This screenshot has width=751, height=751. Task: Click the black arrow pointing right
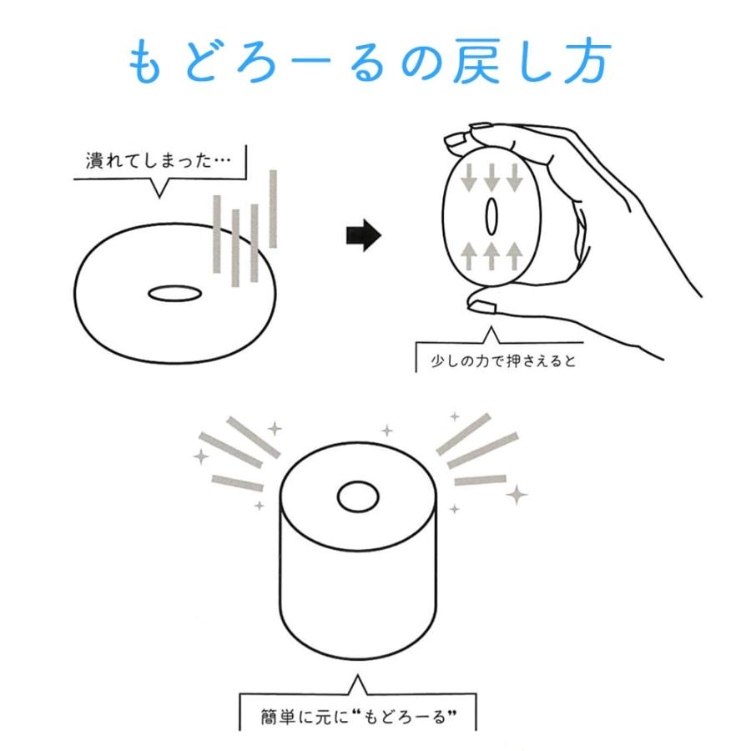(x=364, y=235)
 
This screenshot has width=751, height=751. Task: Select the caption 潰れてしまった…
(x=158, y=160)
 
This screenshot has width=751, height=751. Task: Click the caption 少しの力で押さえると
(x=503, y=360)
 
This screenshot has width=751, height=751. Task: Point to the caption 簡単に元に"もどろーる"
(x=359, y=717)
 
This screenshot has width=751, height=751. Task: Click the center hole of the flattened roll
(x=175, y=293)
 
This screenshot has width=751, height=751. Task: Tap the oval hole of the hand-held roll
(x=491, y=216)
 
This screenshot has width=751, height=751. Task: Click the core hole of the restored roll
(x=358, y=496)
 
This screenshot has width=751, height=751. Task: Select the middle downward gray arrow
(x=491, y=178)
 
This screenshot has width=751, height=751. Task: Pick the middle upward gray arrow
(x=491, y=256)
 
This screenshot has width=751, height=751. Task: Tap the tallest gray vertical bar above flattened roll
(x=273, y=209)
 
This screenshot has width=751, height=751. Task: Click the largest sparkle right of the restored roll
(x=517, y=495)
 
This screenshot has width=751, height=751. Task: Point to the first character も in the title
(x=144, y=61)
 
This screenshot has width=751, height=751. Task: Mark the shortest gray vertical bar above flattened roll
(x=255, y=243)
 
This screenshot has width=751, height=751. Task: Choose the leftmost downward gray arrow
(x=468, y=178)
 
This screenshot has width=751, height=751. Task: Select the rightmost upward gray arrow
(x=514, y=256)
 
